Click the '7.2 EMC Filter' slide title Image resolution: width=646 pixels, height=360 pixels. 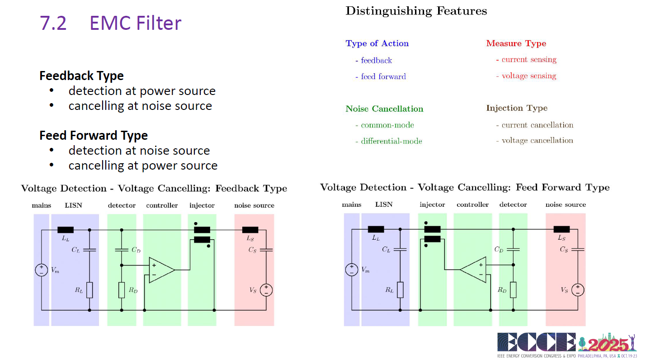(110, 23)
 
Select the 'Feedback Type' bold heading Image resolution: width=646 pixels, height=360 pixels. (82, 76)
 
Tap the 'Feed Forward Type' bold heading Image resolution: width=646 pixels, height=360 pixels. (94, 135)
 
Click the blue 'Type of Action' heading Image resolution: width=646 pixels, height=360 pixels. (377, 43)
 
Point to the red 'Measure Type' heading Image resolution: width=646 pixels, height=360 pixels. (516, 43)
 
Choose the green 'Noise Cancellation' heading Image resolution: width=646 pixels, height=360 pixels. (384, 109)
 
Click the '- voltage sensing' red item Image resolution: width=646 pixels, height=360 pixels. (526, 76)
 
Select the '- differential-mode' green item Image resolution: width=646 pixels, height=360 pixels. (389, 141)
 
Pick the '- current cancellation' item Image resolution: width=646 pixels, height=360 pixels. (535, 125)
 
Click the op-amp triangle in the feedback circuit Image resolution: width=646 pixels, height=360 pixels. (161, 270)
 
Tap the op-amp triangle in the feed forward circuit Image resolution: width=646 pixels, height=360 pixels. (473, 270)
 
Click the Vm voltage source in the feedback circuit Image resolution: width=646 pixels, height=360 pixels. (42, 270)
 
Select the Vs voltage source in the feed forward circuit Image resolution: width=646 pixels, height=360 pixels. (578, 290)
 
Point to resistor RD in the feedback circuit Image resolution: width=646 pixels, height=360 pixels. (122, 290)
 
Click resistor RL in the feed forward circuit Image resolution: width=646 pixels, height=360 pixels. (400, 290)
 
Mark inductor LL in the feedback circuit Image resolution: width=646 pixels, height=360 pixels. (66, 230)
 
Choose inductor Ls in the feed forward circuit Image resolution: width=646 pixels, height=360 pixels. (561, 229)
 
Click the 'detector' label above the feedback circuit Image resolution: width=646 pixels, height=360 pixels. (122, 205)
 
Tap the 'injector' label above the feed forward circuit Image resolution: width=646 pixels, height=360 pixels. (432, 204)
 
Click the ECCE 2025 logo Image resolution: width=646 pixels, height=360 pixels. (567, 345)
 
